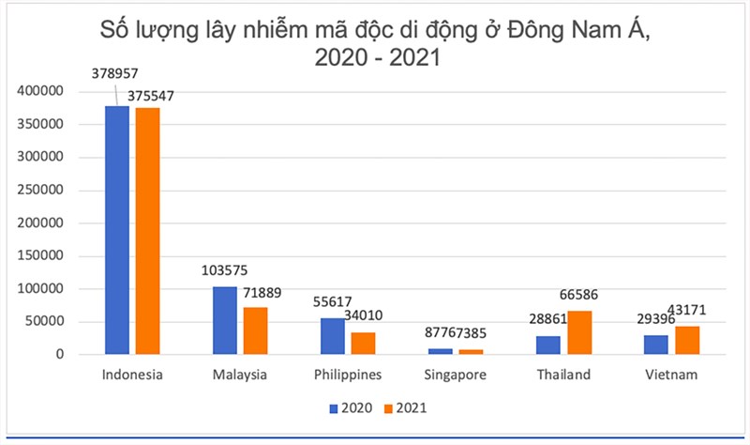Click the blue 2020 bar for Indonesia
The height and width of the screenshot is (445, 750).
point(116,230)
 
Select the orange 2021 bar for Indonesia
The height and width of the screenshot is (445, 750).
point(147,231)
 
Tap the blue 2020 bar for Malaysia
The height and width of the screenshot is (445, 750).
point(224,320)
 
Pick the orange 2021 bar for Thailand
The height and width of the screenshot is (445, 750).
point(578,332)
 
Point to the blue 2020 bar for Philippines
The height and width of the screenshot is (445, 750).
point(333,336)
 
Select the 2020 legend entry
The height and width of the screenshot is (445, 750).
point(351,408)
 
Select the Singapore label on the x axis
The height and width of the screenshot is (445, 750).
point(455,376)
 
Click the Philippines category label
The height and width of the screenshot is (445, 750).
point(347,376)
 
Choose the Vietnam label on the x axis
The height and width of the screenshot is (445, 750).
point(671,376)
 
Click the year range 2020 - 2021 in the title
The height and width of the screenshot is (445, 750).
point(378,58)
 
